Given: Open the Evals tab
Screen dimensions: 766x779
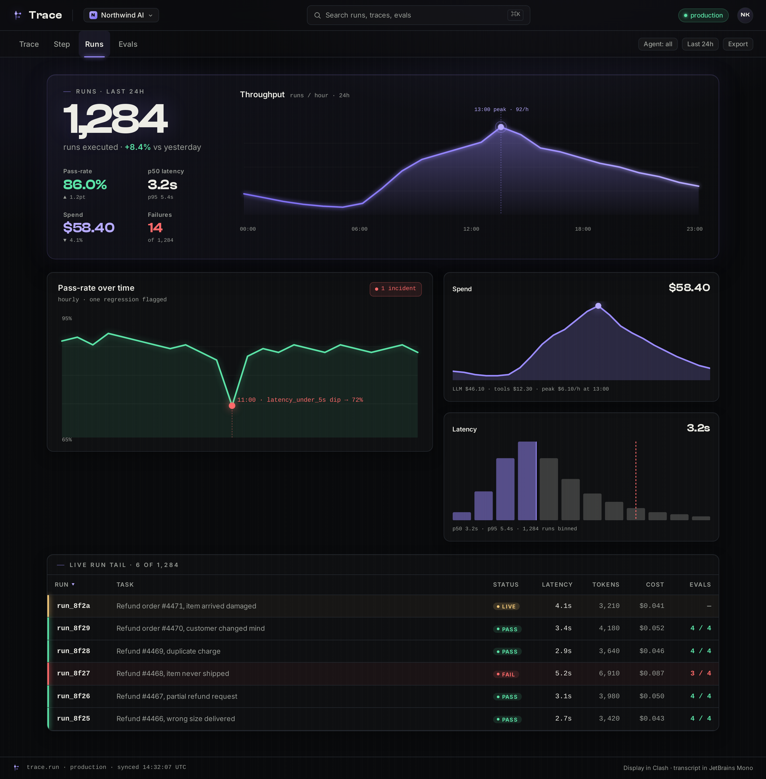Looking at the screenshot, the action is (x=128, y=44).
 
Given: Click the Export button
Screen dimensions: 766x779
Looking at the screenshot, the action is (x=738, y=44).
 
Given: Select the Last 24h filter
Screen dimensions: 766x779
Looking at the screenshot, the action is (x=700, y=44).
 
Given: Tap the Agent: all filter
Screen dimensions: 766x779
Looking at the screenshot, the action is (x=658, y=44).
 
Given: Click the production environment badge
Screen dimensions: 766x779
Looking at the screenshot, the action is (x=703, y=15).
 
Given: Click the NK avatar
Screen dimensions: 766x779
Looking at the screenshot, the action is (x=745, y=15).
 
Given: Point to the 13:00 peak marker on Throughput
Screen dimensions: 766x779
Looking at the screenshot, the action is (x=501, y=127).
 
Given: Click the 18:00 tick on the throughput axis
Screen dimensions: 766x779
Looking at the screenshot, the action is (x=582, y=229).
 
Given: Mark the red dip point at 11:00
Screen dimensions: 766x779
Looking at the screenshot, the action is (x=232, y=406).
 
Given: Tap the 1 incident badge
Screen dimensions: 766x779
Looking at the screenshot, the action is (x=396, y=289).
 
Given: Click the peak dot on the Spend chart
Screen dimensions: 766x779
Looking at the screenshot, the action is (x=598, y=306).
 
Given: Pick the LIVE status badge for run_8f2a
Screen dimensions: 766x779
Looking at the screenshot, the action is (x=506, y=606).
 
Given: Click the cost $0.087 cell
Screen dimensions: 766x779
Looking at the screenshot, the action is (x=652, y=673).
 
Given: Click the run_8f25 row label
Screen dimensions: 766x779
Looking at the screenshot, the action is (x=74, y=718).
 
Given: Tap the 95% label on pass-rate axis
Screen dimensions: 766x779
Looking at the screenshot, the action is (x=67, y=318).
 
